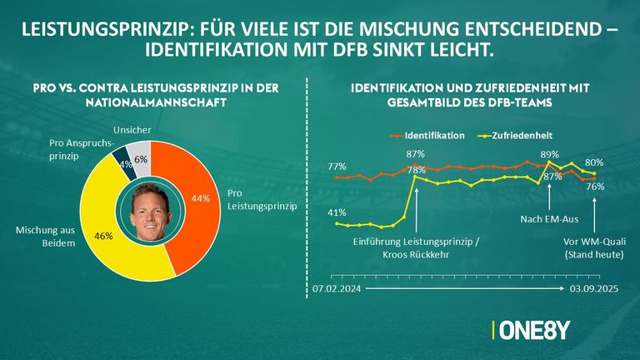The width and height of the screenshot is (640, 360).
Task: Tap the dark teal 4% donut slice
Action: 122,158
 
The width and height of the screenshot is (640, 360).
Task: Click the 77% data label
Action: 337,167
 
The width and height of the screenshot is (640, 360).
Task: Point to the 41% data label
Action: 337,212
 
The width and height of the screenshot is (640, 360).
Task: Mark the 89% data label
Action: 550,154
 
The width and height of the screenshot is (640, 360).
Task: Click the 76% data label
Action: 595,187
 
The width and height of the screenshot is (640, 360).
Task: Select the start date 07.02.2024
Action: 337,289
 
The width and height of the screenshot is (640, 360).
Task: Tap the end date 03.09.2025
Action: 593,289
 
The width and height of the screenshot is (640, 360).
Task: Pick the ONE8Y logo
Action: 533,331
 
